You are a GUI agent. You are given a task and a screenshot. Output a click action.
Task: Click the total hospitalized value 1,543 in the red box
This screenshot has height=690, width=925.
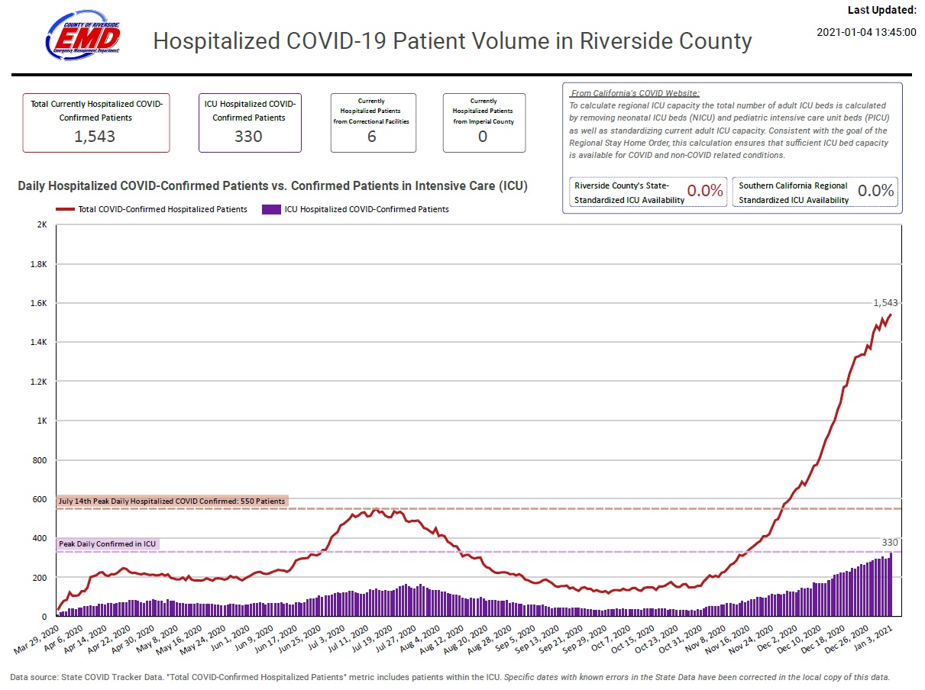(96, 136)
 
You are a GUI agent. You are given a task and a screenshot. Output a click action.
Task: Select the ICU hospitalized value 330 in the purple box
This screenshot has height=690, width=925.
(249, 136)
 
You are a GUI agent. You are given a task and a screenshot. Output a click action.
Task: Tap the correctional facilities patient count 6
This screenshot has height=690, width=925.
(372, 137)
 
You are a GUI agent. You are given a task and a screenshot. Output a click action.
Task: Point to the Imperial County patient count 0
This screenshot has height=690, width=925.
(483, 137)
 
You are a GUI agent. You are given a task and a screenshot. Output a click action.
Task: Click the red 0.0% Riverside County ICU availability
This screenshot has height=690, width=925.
(704, 191)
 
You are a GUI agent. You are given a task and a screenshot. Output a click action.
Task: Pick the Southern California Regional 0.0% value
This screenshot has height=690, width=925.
(875, 191)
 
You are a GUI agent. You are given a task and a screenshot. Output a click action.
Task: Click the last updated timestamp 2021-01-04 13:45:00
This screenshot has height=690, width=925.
(866, 32)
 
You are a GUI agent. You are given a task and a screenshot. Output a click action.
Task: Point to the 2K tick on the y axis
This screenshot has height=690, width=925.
(41, 225)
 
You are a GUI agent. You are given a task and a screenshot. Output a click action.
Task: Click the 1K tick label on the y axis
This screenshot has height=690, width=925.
(41, 421)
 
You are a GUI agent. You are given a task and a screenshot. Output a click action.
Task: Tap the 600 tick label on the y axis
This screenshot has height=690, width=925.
(40, 499)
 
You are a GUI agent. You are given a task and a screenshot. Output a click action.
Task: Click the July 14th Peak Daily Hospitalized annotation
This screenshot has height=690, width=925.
(172, 501)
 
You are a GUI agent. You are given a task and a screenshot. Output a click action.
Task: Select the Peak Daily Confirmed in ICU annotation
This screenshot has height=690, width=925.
(108, 544)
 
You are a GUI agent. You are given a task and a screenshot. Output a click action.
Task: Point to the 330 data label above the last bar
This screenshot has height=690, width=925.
(890, 542)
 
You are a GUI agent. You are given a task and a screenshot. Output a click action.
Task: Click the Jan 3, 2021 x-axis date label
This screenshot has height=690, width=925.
(875, 638)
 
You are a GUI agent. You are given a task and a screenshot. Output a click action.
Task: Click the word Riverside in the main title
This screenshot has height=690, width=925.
(623, 40)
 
